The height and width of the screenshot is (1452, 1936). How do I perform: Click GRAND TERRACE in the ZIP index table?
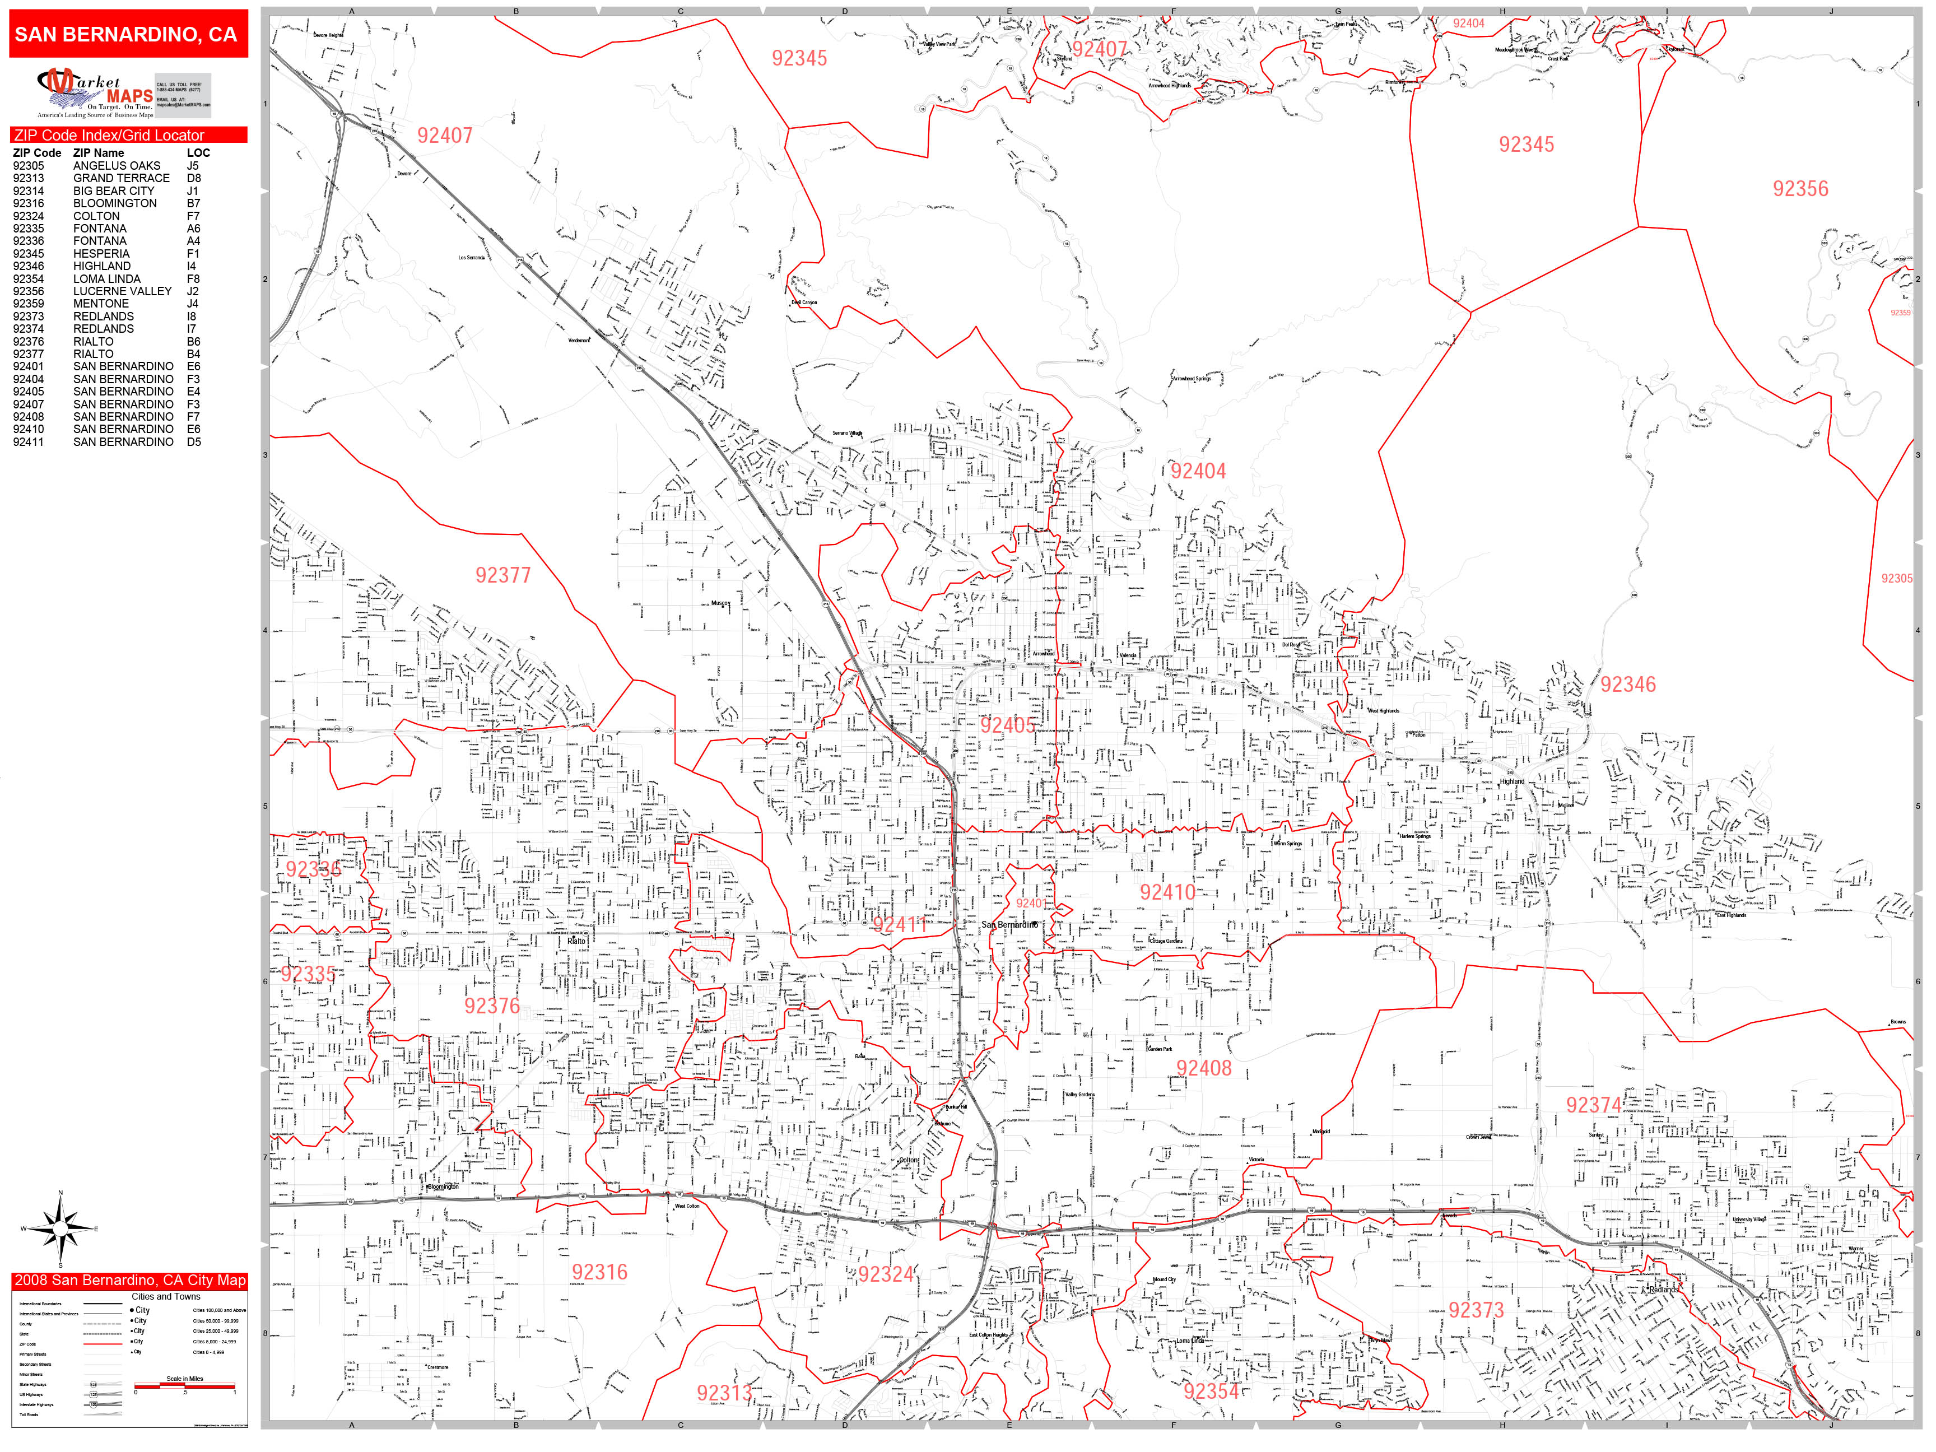coord(121,178)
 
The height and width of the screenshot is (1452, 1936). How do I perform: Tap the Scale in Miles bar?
coord(185,1385)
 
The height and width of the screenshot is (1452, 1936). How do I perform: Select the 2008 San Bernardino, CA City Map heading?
coord(129,1281)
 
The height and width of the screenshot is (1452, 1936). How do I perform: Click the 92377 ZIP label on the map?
coord(502,575)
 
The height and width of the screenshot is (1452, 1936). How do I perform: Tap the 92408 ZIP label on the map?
coord(1203,1068)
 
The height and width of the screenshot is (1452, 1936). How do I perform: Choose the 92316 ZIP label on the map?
coord(599,1272)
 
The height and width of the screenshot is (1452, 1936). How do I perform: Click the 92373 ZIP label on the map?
coord(1475,1310)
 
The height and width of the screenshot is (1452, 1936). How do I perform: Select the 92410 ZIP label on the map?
coord(1167,892)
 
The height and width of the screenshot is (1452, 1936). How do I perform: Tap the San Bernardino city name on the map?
coord(1008,924)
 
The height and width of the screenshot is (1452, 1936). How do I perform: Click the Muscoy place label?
coord(719,603)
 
